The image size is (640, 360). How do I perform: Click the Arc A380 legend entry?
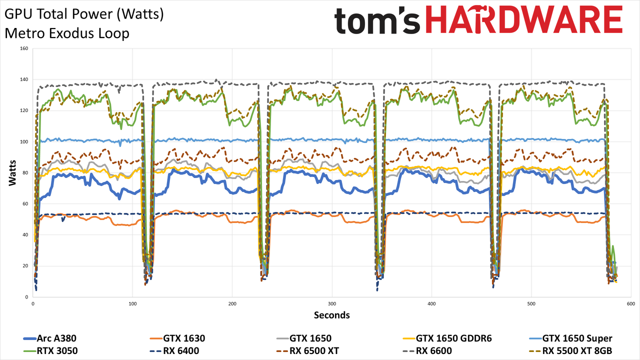tap(50, 338)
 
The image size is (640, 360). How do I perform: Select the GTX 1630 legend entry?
tap(177, 338)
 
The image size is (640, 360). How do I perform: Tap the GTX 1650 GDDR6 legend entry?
tap(447, 338)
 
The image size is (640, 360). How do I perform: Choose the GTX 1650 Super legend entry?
tap(570, 338)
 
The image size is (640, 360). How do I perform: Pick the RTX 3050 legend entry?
tap(50, 351)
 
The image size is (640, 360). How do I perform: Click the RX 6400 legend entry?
tap(174, 351)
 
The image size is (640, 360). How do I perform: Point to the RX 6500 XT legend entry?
tap(307, 351)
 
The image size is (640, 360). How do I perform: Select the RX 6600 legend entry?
tap(427, 351)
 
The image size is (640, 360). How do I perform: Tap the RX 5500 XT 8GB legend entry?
tap(570, 351)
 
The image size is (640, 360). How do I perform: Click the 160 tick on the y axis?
tap(24, 48)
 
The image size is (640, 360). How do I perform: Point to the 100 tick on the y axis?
tap(24, 141)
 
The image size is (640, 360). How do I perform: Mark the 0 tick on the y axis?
tap(26, 297)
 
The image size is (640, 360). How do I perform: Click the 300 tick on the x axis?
tap(332, 304)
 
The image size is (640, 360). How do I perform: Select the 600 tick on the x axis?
tap(631, 304)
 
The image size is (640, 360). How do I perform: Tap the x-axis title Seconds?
tap(331, 315)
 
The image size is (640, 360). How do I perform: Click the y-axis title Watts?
tap(12, 173)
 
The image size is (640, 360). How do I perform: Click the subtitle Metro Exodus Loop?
tap(67, 33)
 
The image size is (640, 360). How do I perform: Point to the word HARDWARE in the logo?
tap(524, 19)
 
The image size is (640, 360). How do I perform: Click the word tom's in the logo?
tap(377, 20)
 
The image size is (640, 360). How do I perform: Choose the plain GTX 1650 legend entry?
tap(304, 338)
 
